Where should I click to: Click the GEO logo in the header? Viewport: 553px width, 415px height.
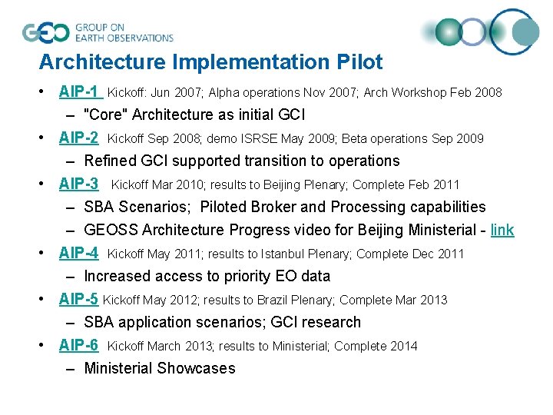tap(46, 32)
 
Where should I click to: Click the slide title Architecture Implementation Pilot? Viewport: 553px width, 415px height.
tap(210, 61)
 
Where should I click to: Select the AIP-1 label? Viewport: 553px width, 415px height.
tap(79, 92)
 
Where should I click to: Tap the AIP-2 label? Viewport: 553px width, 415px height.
tap(78, 138)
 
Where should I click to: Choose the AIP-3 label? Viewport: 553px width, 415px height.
tap(78, 184)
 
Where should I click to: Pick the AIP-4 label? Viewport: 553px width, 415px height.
tap(78, 254)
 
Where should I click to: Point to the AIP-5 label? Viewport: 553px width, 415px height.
tap(78, 300)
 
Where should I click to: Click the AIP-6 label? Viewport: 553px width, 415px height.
tap(78, 346)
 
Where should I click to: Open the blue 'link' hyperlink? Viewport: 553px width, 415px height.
tap(502, 230)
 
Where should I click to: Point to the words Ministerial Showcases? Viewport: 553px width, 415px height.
tap(160, 369)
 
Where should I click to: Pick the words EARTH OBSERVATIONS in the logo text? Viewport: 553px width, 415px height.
tap(124, 38)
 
